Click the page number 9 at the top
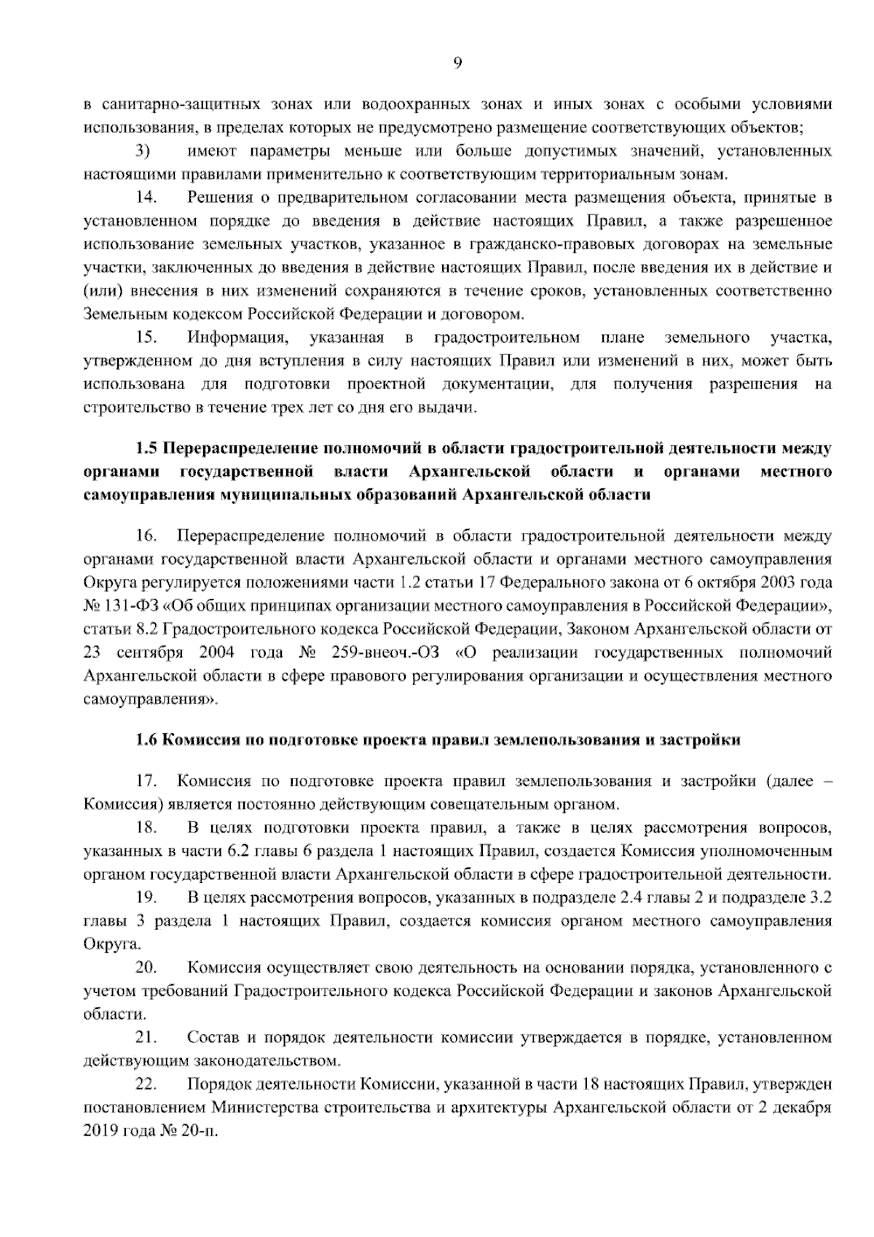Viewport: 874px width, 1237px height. pyautogui.click(x=457, y=63)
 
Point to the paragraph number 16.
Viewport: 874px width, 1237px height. pyautogui.click(x=147, y=536)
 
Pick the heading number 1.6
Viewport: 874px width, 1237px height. pyautogui.click(x=147, y=740)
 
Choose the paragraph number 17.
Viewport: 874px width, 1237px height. pyautogui.click(x=147, y=781)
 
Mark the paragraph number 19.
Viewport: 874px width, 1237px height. pyautogui.click(x=147, y=897)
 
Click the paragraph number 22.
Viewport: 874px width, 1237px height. pyautogui.click(x=147, y=1084)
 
